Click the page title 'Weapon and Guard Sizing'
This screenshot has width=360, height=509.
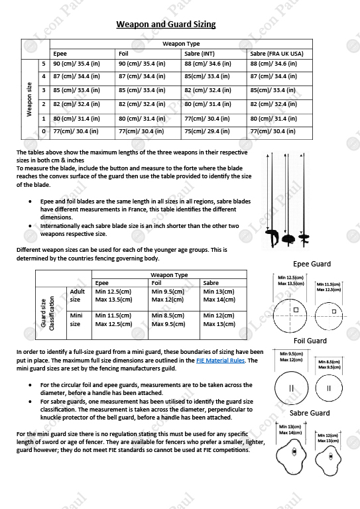(166, 25)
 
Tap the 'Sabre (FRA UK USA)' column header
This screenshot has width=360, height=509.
(276, 54)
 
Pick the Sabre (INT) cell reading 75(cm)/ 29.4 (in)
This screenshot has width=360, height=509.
(208, 131)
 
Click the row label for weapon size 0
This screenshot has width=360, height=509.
(44, 131)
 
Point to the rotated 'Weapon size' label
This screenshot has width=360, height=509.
(29, 98)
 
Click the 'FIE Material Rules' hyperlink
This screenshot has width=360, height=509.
(220, 361)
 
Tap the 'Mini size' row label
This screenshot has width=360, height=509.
(76, 319)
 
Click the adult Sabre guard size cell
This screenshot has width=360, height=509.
(219, 295)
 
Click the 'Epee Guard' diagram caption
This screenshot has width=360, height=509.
(311, 264)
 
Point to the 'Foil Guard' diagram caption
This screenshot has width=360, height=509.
(310, 341)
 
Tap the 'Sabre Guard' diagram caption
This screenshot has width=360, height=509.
(310, 413)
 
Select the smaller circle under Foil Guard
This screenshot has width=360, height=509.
(328, 388)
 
